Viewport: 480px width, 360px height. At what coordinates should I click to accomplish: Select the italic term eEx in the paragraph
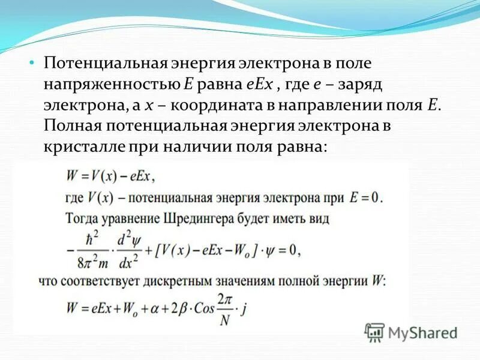pos(259,83)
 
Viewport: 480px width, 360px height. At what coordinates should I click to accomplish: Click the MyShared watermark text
pos(423,332)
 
